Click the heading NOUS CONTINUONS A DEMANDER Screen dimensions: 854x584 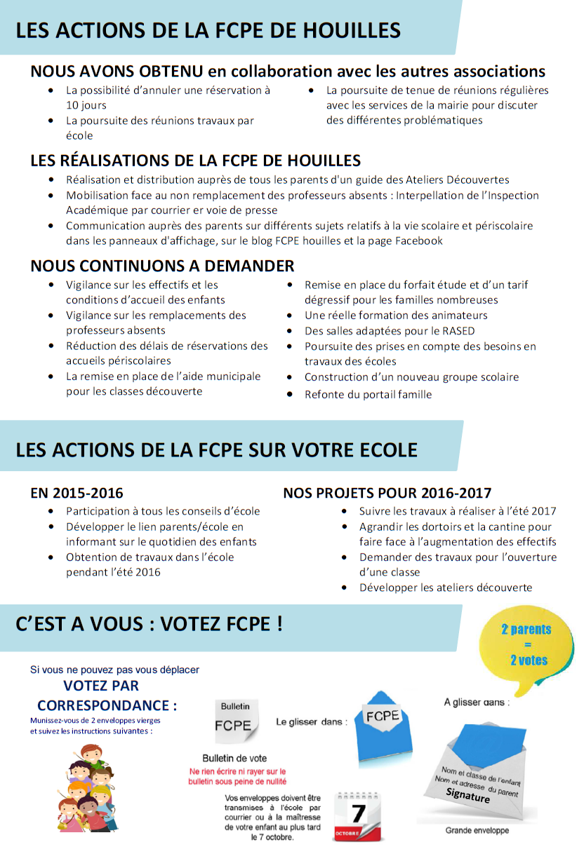point(162,266)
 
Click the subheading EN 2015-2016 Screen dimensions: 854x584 point(77,493)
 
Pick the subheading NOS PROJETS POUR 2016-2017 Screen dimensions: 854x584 point(387,493)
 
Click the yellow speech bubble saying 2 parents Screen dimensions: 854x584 point(526,644)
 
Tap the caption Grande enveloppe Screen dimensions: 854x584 point(477,831)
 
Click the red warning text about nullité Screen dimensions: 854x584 point(238,776)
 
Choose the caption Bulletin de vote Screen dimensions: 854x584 point(234,758)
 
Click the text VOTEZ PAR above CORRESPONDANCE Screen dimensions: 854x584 point(101,686)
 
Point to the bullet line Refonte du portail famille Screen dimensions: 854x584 point(368,394)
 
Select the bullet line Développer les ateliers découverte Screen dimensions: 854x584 point(446,588)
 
